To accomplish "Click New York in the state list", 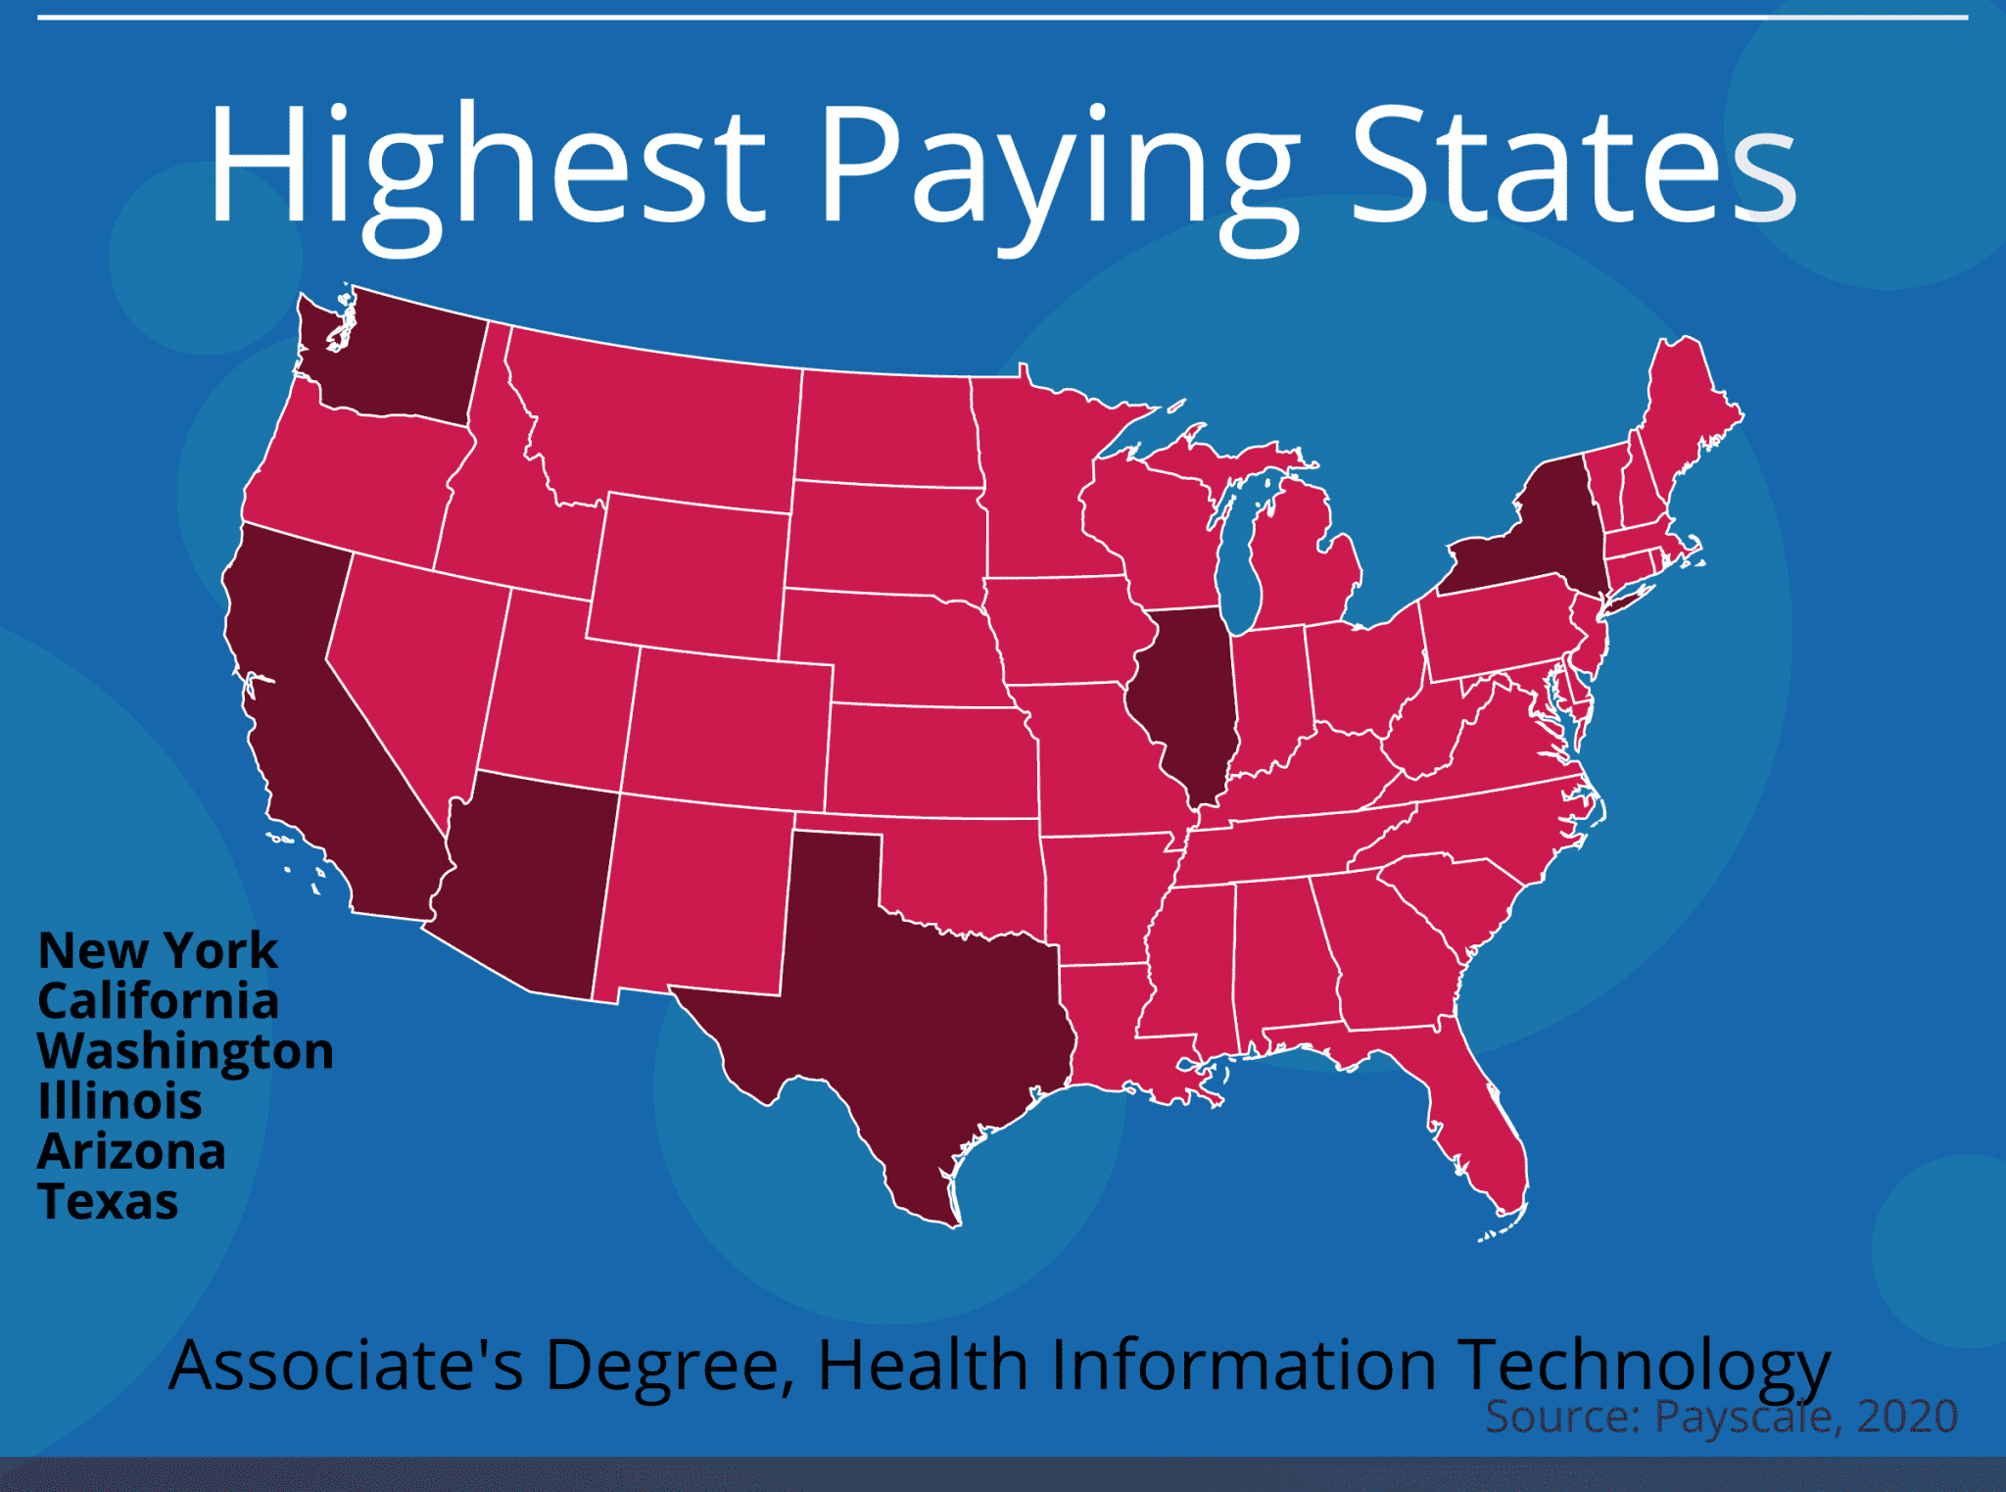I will [x=158, y=950].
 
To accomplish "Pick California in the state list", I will [x=158, y=1000].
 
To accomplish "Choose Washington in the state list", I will [x=185, y=1051].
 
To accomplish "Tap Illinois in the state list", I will [x=119, y=1101].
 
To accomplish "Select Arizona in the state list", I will [x=131, y=1151].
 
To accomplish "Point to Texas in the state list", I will [x=108, y=1201].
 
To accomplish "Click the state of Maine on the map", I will [x=1685, y=411].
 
